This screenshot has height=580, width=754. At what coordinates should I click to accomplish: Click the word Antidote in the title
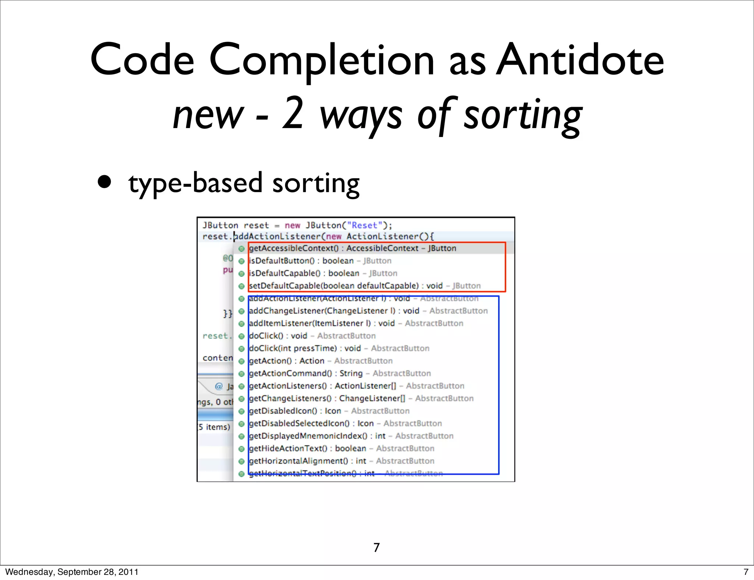[x=580, y=60]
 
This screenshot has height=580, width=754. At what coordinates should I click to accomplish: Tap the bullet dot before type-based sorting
[x=105, y=182]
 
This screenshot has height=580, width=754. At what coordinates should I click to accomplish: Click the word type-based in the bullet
[x=195, y=183]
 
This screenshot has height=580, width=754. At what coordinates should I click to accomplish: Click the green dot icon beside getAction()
[x=242, y=361]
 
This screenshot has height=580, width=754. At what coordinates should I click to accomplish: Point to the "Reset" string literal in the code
[x=364, y=225]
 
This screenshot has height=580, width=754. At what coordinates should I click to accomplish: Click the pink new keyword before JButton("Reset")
[x=293, y=225]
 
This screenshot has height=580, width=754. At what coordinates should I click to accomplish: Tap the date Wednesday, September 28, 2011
[x=72, y=572]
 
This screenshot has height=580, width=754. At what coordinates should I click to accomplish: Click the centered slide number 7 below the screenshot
[x=376, y=548]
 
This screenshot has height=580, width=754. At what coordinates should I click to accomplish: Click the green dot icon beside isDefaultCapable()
[x=242, y=274]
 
